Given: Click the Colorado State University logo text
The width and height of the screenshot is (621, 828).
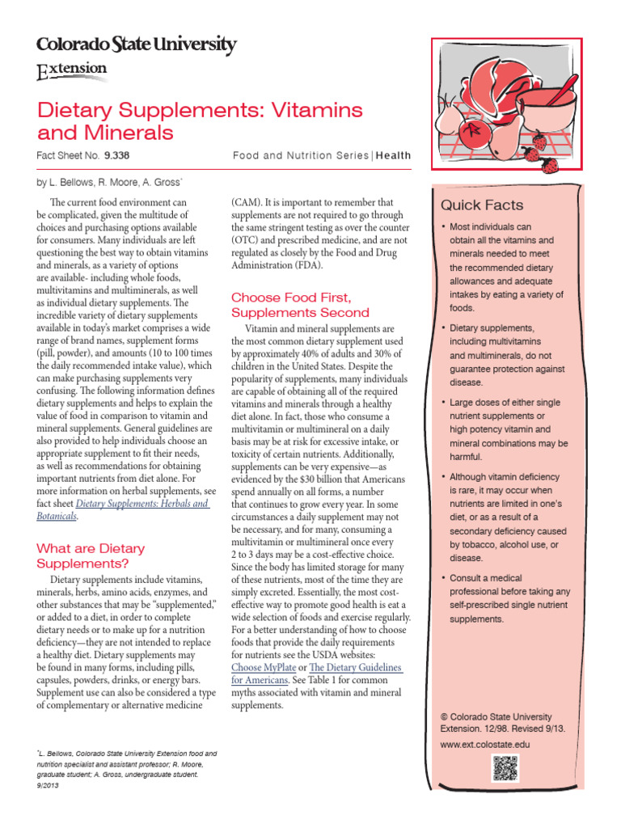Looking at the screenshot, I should click(x=137, y=45).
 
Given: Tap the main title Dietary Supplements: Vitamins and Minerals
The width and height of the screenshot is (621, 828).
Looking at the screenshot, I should click(x=200, y=120).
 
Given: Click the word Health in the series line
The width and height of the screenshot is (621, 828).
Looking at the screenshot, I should click(x=393, y=155).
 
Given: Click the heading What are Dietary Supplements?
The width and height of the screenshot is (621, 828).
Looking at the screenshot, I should click(x=91, y=556).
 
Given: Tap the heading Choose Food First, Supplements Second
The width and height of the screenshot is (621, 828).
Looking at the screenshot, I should click(x=300, y=305).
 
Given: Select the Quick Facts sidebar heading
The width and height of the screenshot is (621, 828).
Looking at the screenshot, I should click(x=481, y=205).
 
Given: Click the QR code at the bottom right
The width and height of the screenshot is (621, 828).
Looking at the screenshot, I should click(x=504, y=767).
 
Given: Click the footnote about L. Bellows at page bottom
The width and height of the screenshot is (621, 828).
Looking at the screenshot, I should click(x=121, y=769).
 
